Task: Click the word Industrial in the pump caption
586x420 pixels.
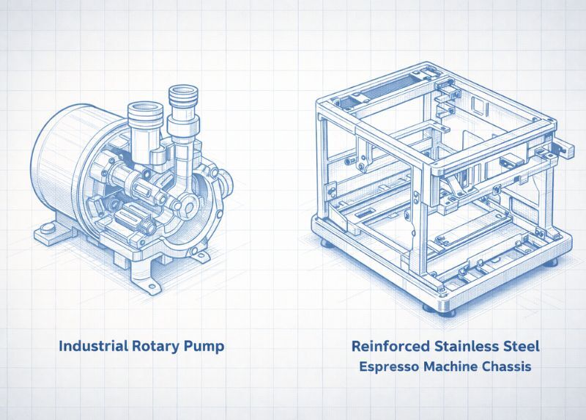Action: click(x=94, y=345)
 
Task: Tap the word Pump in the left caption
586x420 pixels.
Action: click(x=204, y=346)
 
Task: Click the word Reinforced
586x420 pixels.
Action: click(x=390, y=346)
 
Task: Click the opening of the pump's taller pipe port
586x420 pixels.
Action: click(x=182, y=90)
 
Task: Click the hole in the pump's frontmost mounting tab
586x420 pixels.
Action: click(x=152, y=287)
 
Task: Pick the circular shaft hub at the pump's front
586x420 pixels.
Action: click(x=188, y=207)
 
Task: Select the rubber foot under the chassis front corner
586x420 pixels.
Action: click(x=439, y=310)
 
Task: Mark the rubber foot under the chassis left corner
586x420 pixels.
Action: click(x=327, y=243)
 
